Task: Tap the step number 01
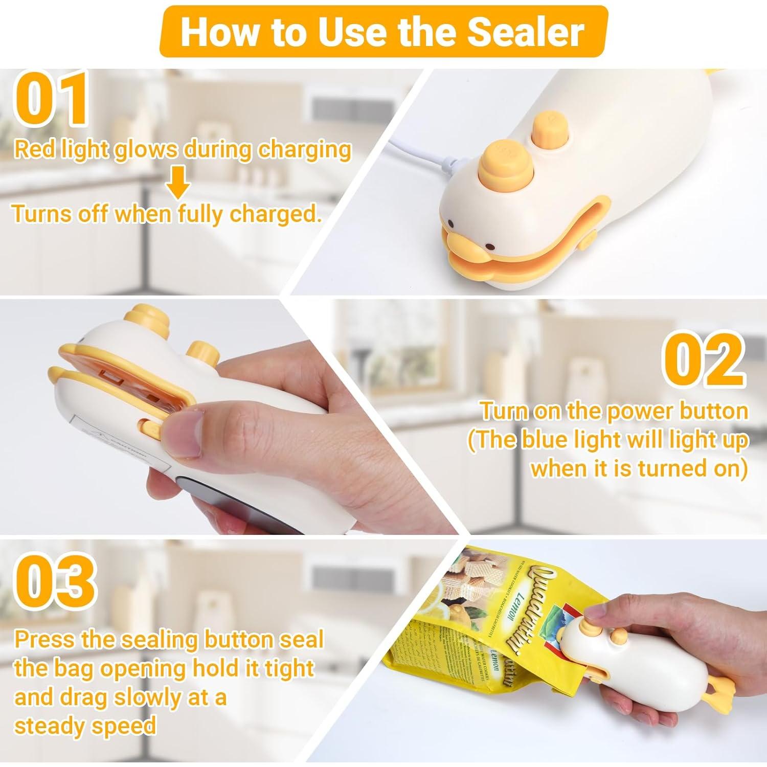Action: [x=51, y=100]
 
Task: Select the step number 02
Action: [x=704, y=360]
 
